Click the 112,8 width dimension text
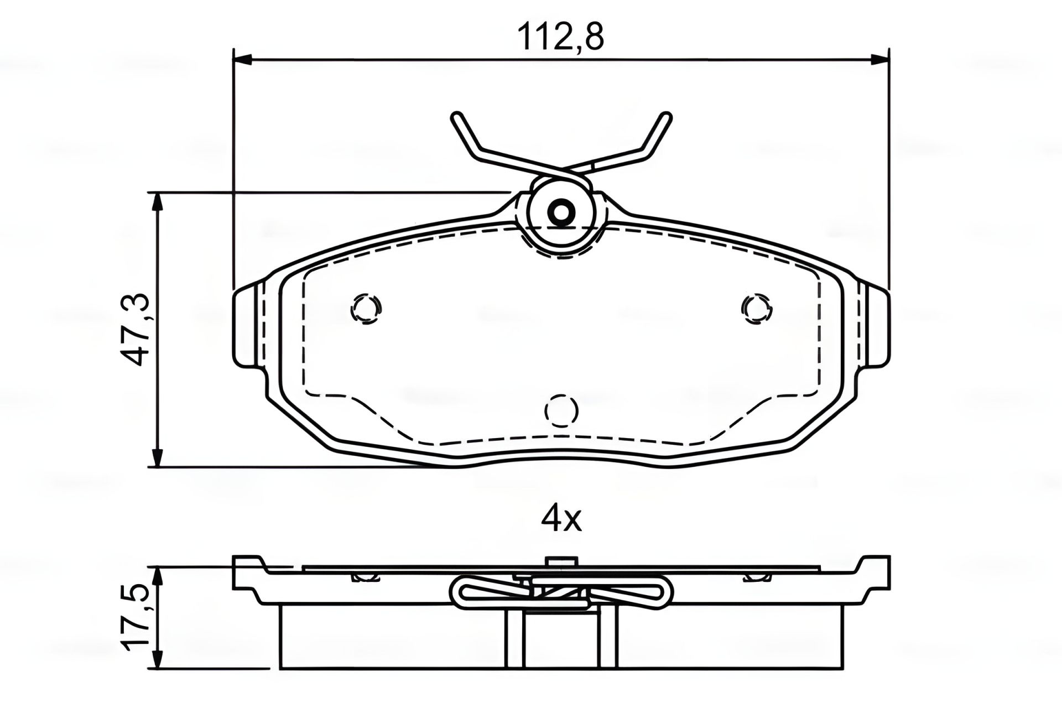(x=560, y=38)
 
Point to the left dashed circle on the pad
(x=366, y=308)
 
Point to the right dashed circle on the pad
(x=757, y=308)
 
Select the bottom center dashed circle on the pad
(x=561, y=411)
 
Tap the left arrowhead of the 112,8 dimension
(x=243, y=59)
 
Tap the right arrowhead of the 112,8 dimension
(x=879, y=59)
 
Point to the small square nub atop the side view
(x=561, y=560)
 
